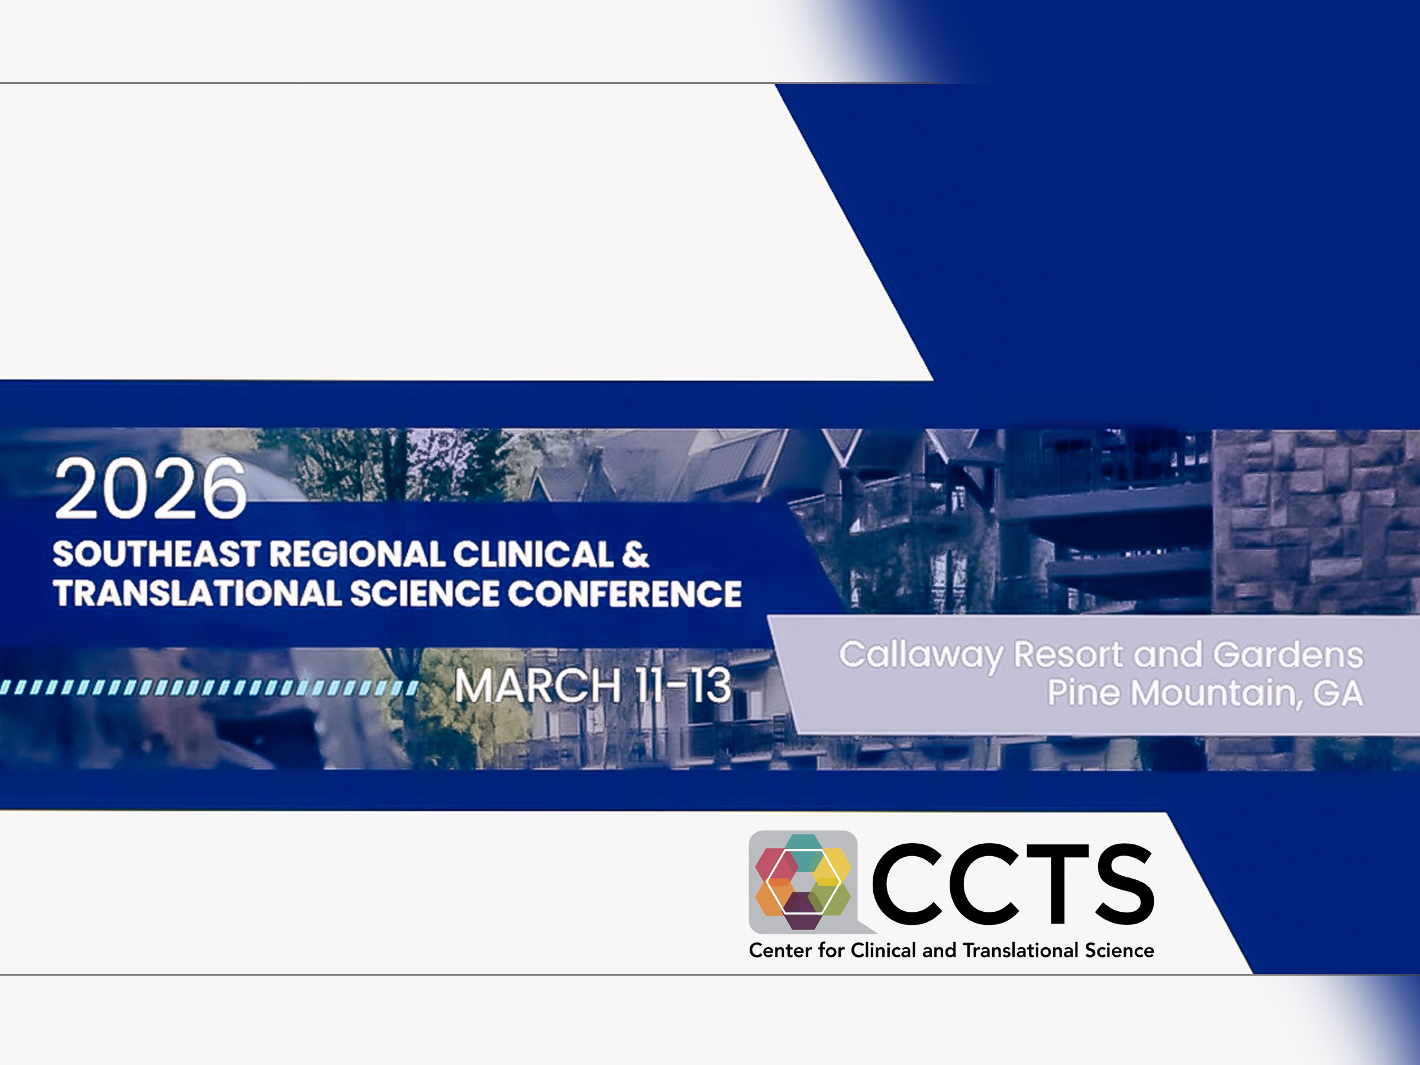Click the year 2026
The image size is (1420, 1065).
pyautogui.click(x=150, y=489)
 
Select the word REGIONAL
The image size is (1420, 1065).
pyautogui.click(x=356, y=554)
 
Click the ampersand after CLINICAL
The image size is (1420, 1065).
pyautogui.click(x=635, y=554)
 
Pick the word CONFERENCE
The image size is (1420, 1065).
pyautogui.click(x=625, y=594)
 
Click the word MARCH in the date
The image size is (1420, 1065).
pyautogui.click(x=538, y=686)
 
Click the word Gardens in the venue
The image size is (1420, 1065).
pyautogui.click(x=1287, y=655)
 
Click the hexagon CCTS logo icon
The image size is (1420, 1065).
pyautogui.click(x=803, y=882)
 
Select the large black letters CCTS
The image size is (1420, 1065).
pyautogui.click(x=1012, y=884)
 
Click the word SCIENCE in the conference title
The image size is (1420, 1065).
pyautogui.click(x=424, y=594)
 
